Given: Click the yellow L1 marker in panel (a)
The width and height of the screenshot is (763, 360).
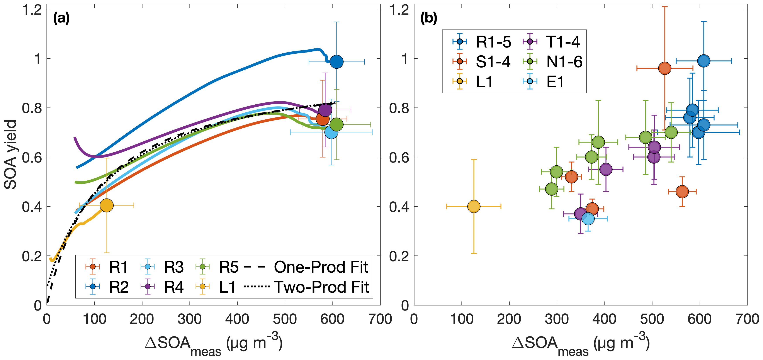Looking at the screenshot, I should click(x=107, y=205).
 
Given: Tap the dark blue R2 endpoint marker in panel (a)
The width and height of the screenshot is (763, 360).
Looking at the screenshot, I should click(x=336, y=62).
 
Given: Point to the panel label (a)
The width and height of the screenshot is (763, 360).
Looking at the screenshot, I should click(x=61, y=19).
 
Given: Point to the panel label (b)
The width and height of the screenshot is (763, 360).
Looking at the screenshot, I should click(x=429, y=19).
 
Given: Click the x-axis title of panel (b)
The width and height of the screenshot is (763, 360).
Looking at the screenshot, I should click(x=581, y=344).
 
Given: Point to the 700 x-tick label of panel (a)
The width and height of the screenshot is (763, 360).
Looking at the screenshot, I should click(x=380, y=319).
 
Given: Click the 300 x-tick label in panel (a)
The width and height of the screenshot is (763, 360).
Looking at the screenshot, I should click(x=190, y=319).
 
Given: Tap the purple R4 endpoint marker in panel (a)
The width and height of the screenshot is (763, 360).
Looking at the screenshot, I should click(x=325, y=110).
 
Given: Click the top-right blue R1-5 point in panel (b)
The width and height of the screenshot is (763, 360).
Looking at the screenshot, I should click(x=704, y=61).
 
